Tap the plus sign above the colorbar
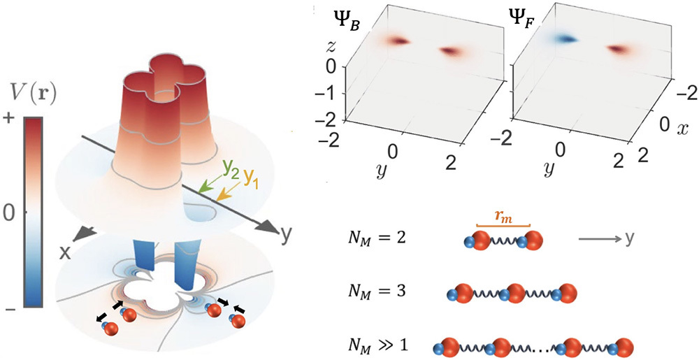[x=8, y=119]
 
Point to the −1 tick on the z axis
[x=330, y=93]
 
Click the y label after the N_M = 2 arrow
[x=630, y=240]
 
